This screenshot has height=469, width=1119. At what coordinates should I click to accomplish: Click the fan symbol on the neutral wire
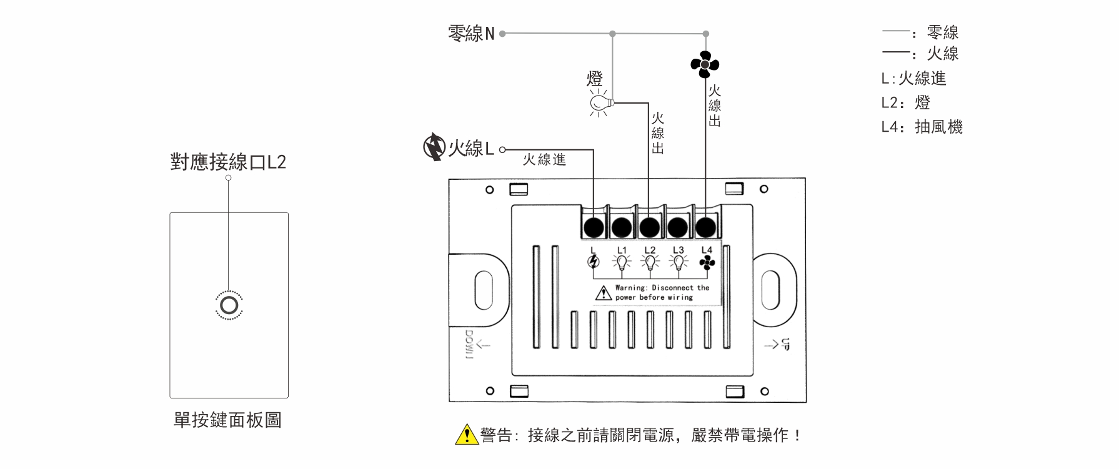click(x=705, y=64)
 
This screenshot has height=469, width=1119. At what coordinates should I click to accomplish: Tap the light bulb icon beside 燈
click(x=600, y=102)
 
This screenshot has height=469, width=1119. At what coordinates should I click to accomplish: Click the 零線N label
click(x=471, y=34)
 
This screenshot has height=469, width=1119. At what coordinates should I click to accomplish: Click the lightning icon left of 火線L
click(x=433, y=147)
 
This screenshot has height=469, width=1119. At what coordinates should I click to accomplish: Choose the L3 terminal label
click(x=678, y=250)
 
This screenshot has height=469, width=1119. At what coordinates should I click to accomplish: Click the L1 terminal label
click(x=622, y=250)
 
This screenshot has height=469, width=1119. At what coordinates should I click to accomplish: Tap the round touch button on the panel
click(x=229, y=305)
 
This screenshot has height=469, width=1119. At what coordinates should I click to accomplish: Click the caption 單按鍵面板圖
click(x=227, y=420)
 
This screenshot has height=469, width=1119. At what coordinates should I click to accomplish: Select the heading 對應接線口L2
click(x=228, y=162)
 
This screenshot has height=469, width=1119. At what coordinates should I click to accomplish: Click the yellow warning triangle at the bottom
click(x=466, y=435)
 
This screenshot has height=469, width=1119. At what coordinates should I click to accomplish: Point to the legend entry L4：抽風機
click(x=922, y=127)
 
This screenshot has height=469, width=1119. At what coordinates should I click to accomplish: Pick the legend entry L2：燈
click(x=905, y=102)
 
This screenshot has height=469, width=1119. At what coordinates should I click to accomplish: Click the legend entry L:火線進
click(x=913, y=79)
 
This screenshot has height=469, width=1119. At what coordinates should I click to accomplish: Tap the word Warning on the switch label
click(x=630, y=288)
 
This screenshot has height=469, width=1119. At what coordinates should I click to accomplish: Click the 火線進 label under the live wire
click(x=544, y=160)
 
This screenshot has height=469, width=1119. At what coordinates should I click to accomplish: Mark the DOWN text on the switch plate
click(x=469, y=344)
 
